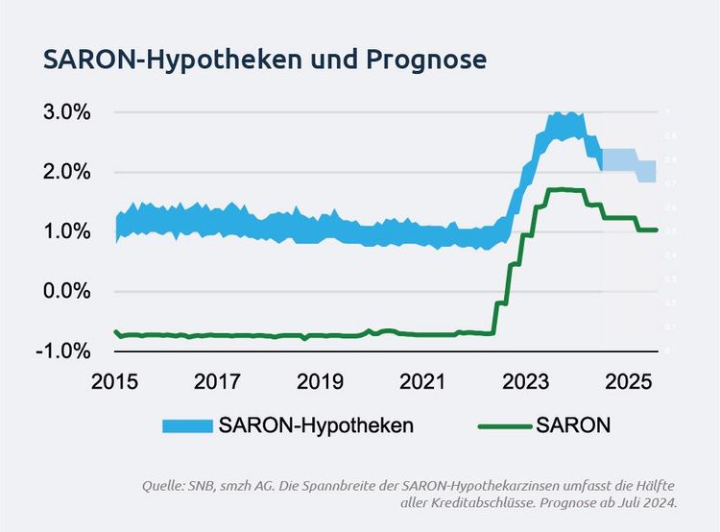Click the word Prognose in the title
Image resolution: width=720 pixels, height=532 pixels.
(426, 59)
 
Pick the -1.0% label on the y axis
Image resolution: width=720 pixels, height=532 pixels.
(60, 351)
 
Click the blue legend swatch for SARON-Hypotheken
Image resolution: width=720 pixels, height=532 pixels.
(186, 425)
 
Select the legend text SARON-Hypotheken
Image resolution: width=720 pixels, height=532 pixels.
(317, 425)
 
